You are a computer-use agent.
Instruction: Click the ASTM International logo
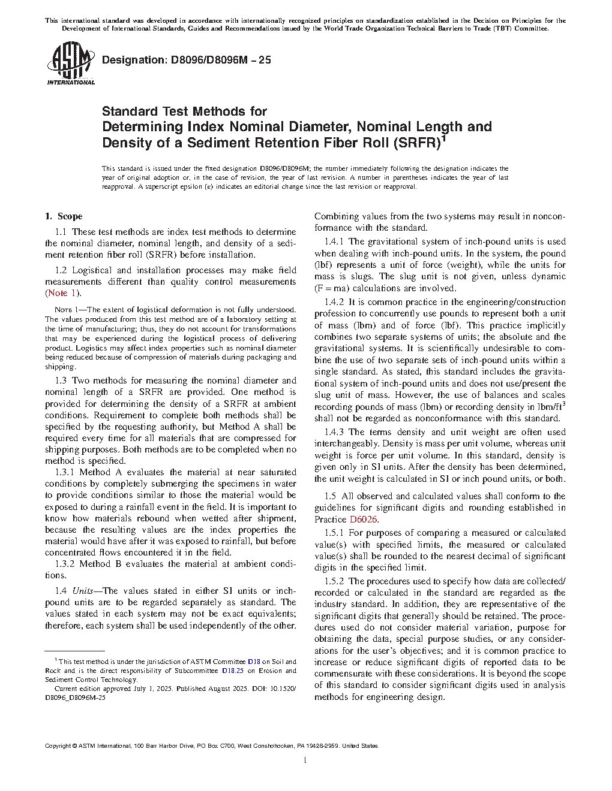coord(71,64)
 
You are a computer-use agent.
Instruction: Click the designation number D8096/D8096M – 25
coord(187,60)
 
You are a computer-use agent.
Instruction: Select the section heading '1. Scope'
coord(64,216)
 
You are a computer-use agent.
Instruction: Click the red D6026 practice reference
coord(364,520)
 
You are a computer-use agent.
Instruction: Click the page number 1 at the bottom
coord(305,760)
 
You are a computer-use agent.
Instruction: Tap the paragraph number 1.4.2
coord(334,302)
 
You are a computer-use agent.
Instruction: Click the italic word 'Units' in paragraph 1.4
coord(83,591)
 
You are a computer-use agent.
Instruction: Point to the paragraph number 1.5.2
coord(334,581)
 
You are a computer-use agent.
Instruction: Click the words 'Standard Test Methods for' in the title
coord(184,111)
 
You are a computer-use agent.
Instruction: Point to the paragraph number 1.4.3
coord(334,432)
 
